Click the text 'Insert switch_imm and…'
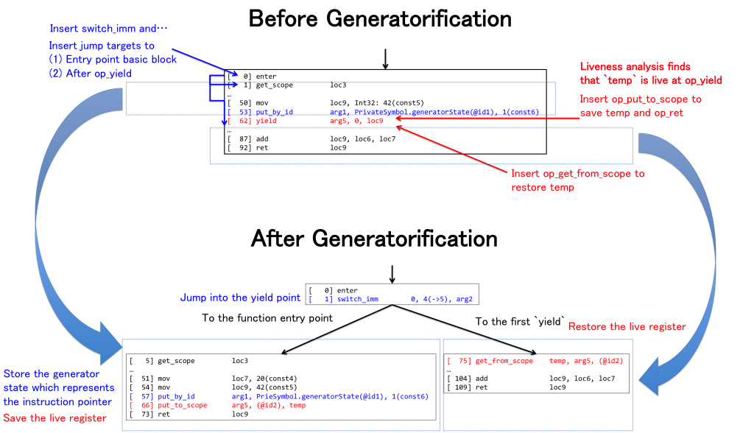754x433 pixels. pyautogui.click(x=109, y=29)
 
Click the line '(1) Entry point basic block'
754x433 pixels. pyautogui.click(x=113, y=60)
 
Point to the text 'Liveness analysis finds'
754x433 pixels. pyautogui.click(x=635, y=66)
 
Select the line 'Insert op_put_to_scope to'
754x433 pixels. pyautogui.click(x=641, y=99)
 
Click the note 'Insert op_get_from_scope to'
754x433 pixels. pyautogui.click(x=578, y=174)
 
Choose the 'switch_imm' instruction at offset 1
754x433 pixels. pyautogui.click(x=391, y=299)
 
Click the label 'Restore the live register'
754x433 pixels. pyautogui.click(x=627, y=326)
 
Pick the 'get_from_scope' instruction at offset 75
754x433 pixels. pyautogui.click(x=535, y=361)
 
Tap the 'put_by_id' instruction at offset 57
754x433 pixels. pyautogui.click(x=279, y=396)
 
